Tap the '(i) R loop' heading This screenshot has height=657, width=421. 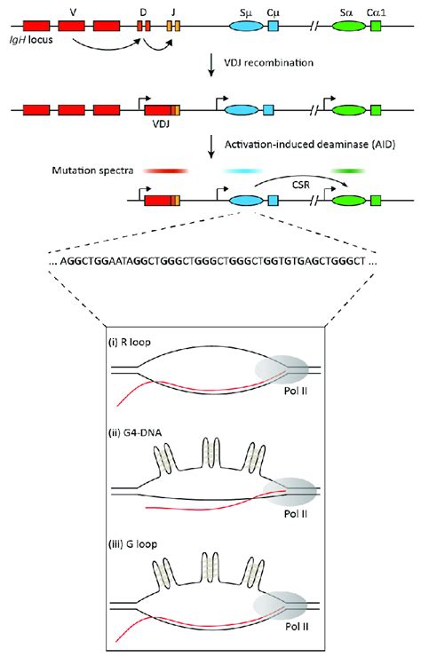[134, 342]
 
